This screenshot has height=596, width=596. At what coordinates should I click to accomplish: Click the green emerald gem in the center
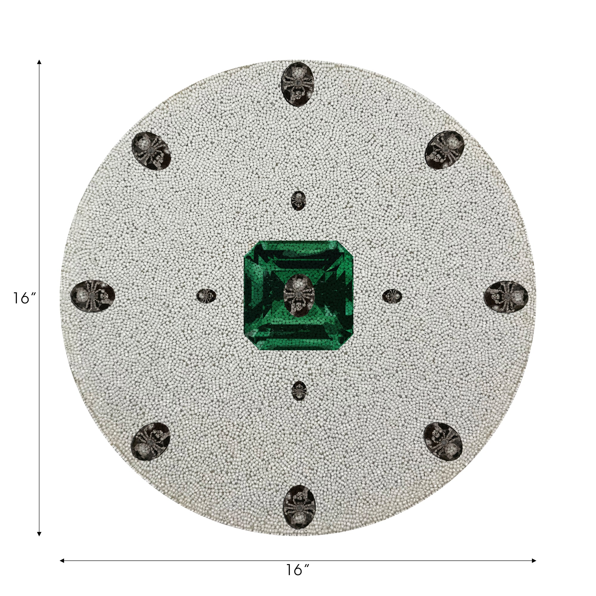pyautogui.click(x=298, y=295)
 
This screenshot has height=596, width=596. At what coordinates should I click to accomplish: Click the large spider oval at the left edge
pyautogui.click(x=93, y=296)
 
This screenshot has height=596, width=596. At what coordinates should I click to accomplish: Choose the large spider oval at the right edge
pyautogui.click(x=506, y=297)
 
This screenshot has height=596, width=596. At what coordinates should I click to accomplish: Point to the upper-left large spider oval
pyautogui.click(x=151, y=151)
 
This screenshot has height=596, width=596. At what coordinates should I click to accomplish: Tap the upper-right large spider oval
pyautogui.click(x=445, y=150)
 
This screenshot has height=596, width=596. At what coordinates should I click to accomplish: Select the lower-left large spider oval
pyautogui.click(x=150, y=441)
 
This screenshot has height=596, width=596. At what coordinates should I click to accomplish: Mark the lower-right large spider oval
pyautogui.click(x=443, y=441)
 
